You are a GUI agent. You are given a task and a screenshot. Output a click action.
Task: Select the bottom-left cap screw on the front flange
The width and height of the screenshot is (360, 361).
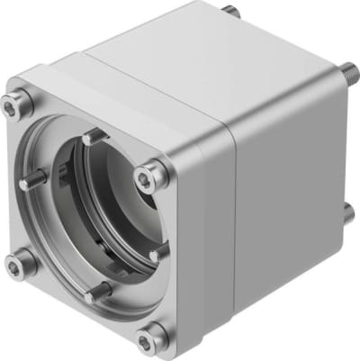[x=20, y=263]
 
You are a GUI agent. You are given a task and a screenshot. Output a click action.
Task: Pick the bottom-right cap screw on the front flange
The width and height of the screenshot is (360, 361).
[x=150, y=339]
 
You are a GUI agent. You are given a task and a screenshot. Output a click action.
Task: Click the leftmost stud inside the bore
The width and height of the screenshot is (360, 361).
[x=30, y=183]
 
